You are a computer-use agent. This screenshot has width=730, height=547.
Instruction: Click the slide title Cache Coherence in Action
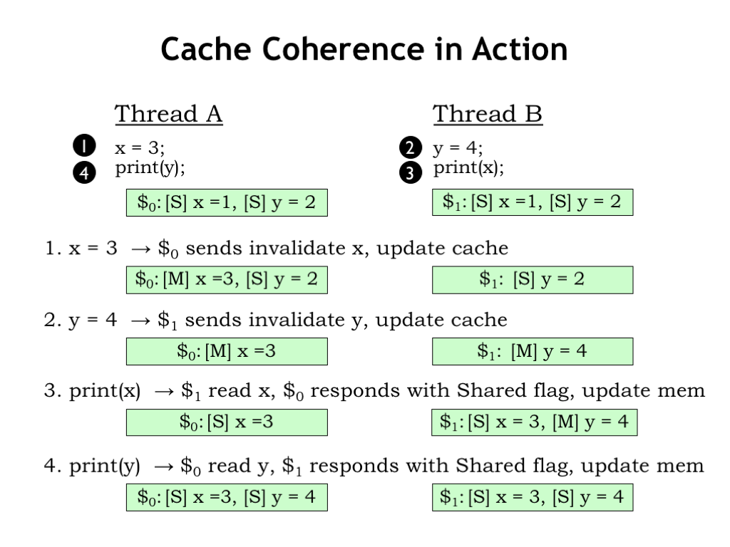pyautogui.click(x=364, y=49)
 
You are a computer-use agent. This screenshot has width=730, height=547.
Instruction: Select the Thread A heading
pyautogui.click(x=168, y=114)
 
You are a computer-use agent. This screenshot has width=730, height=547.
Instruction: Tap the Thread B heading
pyautogui.click(x=488, y=114)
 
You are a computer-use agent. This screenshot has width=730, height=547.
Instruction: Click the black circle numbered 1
pyautogui.click(x=84, y=145)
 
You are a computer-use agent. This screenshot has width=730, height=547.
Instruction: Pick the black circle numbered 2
pyautogui.click(x=411, y=148)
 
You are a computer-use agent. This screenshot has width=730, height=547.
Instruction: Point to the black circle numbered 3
pyautogui.click(x=411, y=172)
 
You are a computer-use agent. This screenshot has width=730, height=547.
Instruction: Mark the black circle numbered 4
pyautogui.click(x=84, y=172)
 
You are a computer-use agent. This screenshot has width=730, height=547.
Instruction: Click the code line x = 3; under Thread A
pyautogui.click(x=140, y=148)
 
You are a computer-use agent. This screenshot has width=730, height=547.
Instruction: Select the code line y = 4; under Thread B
pyautogui.click(x=458, y=148)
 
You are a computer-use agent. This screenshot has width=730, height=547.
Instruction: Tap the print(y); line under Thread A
pyautogui.click(x=150, y=167)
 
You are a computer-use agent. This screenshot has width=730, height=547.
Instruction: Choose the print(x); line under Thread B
pyautogui.click(x=469, y=167)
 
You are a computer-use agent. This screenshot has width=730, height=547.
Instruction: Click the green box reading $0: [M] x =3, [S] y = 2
pyautogui.click(x=227, y=280)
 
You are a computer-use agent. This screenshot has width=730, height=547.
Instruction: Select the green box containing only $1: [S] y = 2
pyautogui.click(x=533, y=280)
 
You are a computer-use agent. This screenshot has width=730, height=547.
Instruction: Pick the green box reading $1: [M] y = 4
pyautogui.click(x=533, y=352)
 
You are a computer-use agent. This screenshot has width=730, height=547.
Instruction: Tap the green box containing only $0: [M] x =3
pyautogui.click(x=227, y=352)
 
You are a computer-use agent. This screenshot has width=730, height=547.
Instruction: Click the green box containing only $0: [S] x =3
pyautogui.click(x=227, y=422)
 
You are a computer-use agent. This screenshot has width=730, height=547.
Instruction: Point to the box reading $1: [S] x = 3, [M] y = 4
pyautogui.click(x=535, y=422)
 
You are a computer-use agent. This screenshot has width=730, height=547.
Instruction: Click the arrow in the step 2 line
pyautogui.click(x=140, y=321)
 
